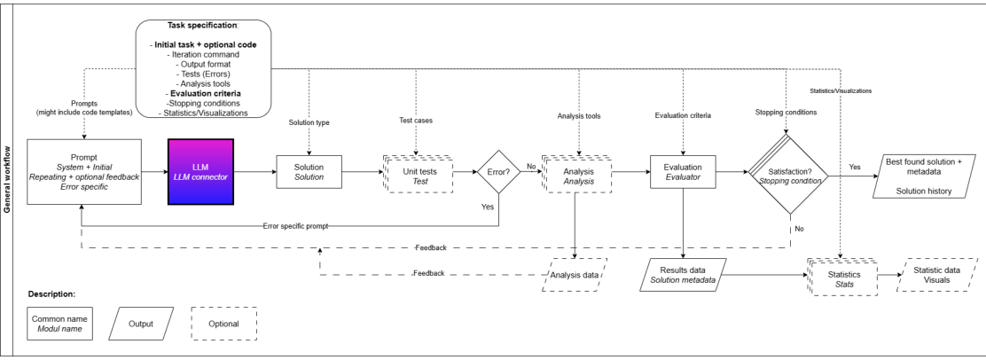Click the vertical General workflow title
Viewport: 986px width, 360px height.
8,177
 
